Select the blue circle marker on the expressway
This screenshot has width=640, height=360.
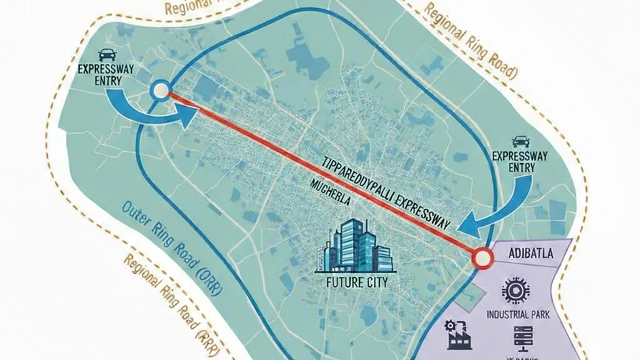point(161,91)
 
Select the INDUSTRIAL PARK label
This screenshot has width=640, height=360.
point(519,314)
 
